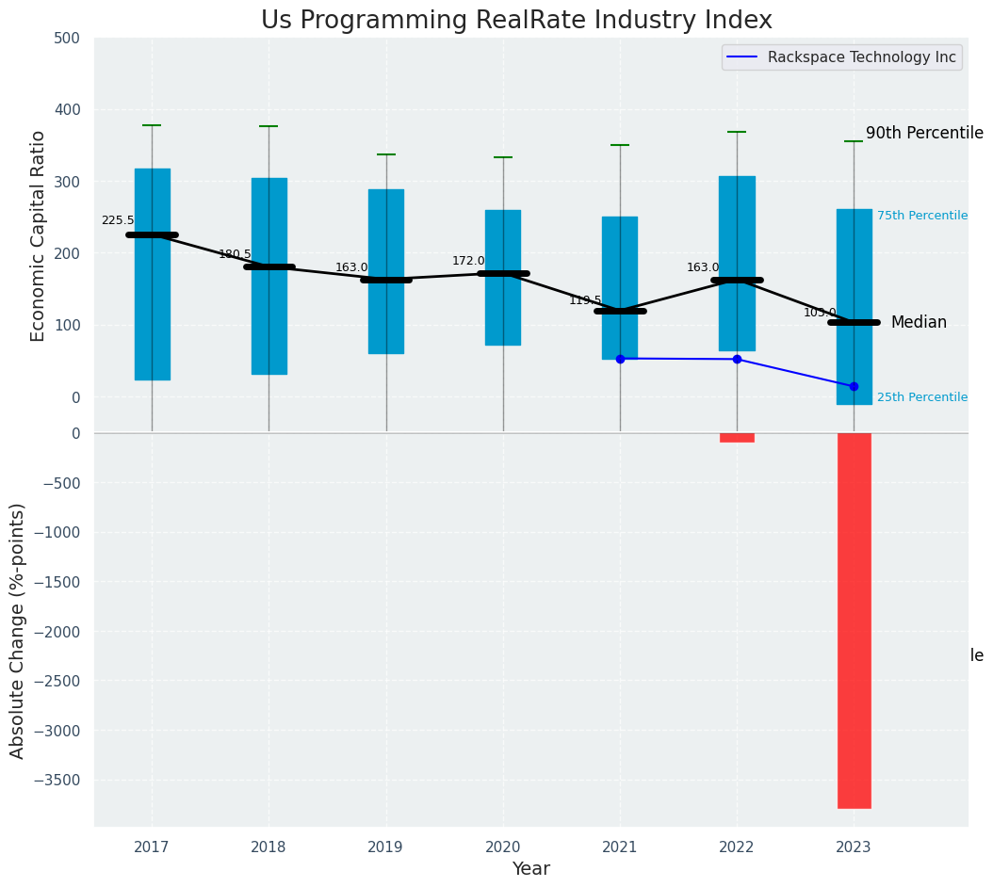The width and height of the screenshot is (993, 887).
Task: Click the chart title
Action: [x=516, y=21]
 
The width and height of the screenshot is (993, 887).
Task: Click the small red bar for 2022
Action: [x=737, y=437]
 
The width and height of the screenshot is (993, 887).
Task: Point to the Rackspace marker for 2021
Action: [x=620, y=359]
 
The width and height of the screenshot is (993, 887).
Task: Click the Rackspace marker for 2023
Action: [x=854, y=386]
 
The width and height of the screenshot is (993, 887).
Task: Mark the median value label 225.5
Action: [x=118, y=220]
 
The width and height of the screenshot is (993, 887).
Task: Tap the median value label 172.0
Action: [x=468, y=261]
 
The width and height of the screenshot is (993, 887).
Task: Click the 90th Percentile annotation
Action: [x=923, y=134]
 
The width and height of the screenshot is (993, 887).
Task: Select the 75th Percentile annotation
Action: [x=921, y=216]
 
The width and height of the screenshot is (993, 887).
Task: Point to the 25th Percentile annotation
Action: [x=921, y=397]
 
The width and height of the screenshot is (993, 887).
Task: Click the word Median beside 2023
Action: [x=919, y=322]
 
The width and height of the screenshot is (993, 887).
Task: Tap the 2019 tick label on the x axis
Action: [x=385, y=847]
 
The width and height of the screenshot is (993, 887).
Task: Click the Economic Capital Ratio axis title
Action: [x=39, y=235]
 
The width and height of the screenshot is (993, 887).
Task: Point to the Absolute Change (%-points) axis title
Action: [x=18, y=630]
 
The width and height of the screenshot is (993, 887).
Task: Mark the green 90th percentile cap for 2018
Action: [x=269, y=126]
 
